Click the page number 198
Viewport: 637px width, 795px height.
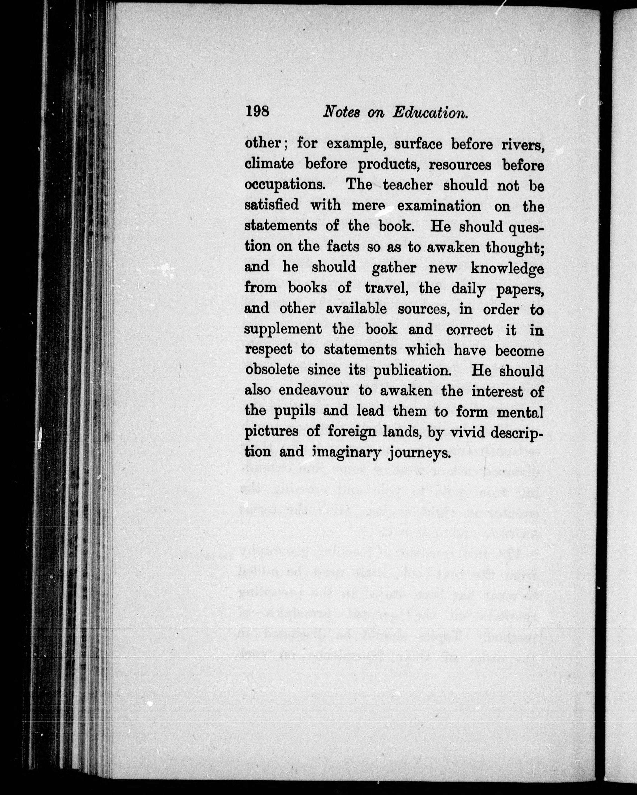pyautogui.click(x=257, y=111)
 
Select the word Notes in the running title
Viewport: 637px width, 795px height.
pyautogui.click(x=341, y=112)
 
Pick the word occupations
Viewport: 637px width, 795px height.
pyautogui.click(x=285, y=185)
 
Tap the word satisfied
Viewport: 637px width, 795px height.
pyautogui.click(x=272, y=205)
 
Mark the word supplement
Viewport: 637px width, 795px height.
pyautogui.click(x=283, y=330)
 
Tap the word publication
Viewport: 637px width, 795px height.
pyautogui.click(x=413, y=371)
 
